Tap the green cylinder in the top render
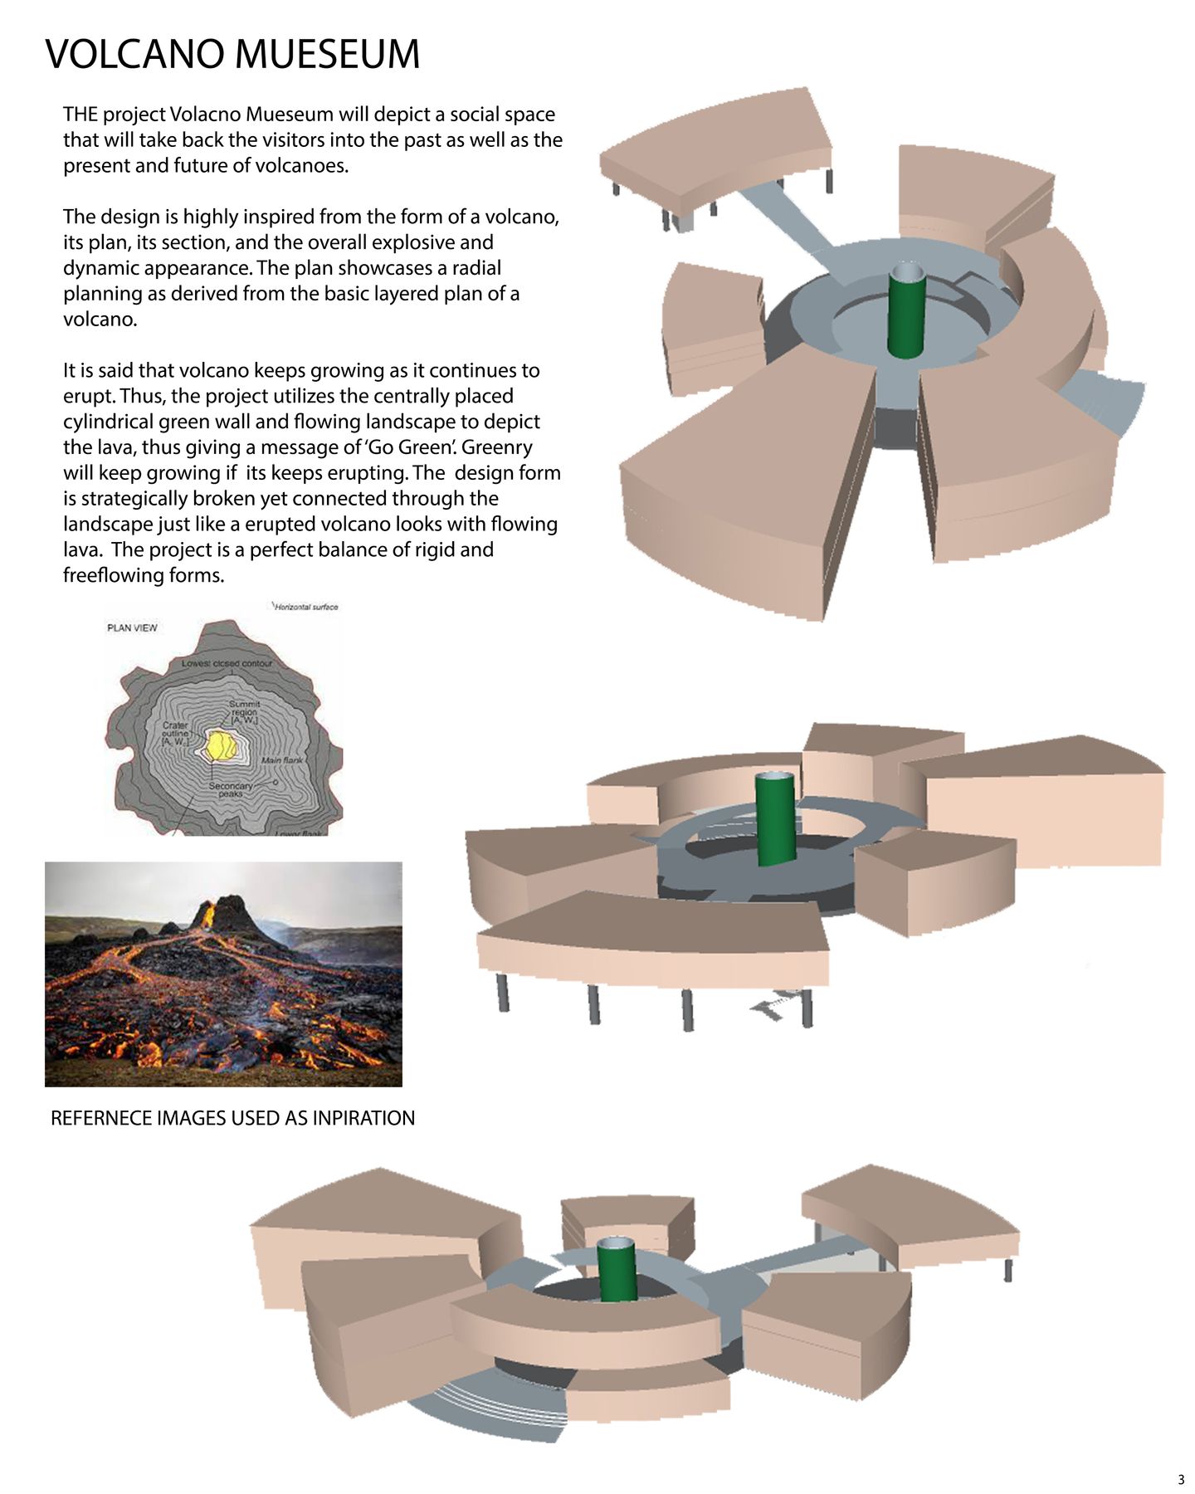pos(906,311)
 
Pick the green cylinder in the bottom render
pos(617,1271)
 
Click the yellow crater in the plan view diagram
pos(221,745)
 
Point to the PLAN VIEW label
pos(132,627)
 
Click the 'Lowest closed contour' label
pos(227,663)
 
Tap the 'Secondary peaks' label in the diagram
pos(230,789)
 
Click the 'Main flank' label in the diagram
pos(281,760)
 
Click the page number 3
pos(1181,1479)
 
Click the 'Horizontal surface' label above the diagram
pos(306,607)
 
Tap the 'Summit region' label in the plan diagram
pos(244,711)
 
